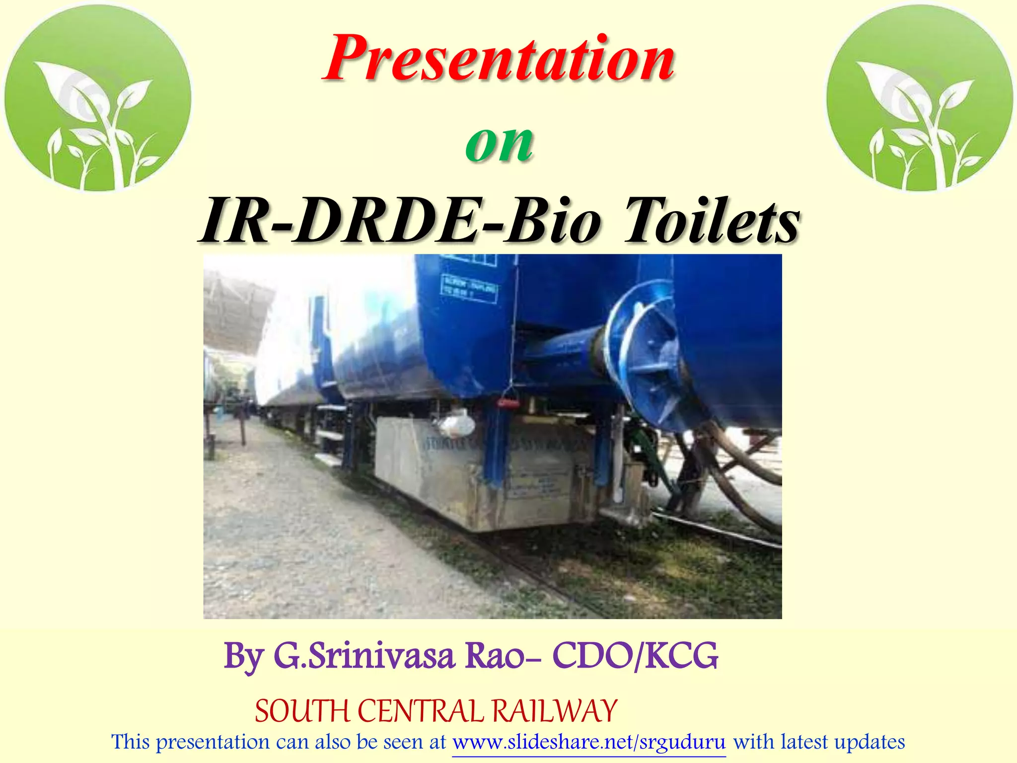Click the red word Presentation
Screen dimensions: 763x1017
click(499, 59)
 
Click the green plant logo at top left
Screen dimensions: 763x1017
click(98, 98)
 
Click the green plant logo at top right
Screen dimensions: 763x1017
click(919, 98)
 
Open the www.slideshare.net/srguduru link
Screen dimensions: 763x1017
click(589, 742)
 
